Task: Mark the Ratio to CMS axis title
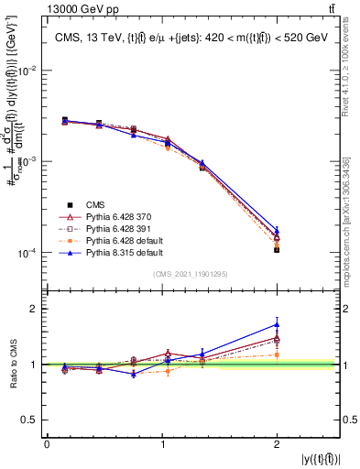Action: [12, 365]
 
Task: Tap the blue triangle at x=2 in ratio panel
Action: [277, 324]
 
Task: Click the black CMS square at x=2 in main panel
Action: [277, 249]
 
